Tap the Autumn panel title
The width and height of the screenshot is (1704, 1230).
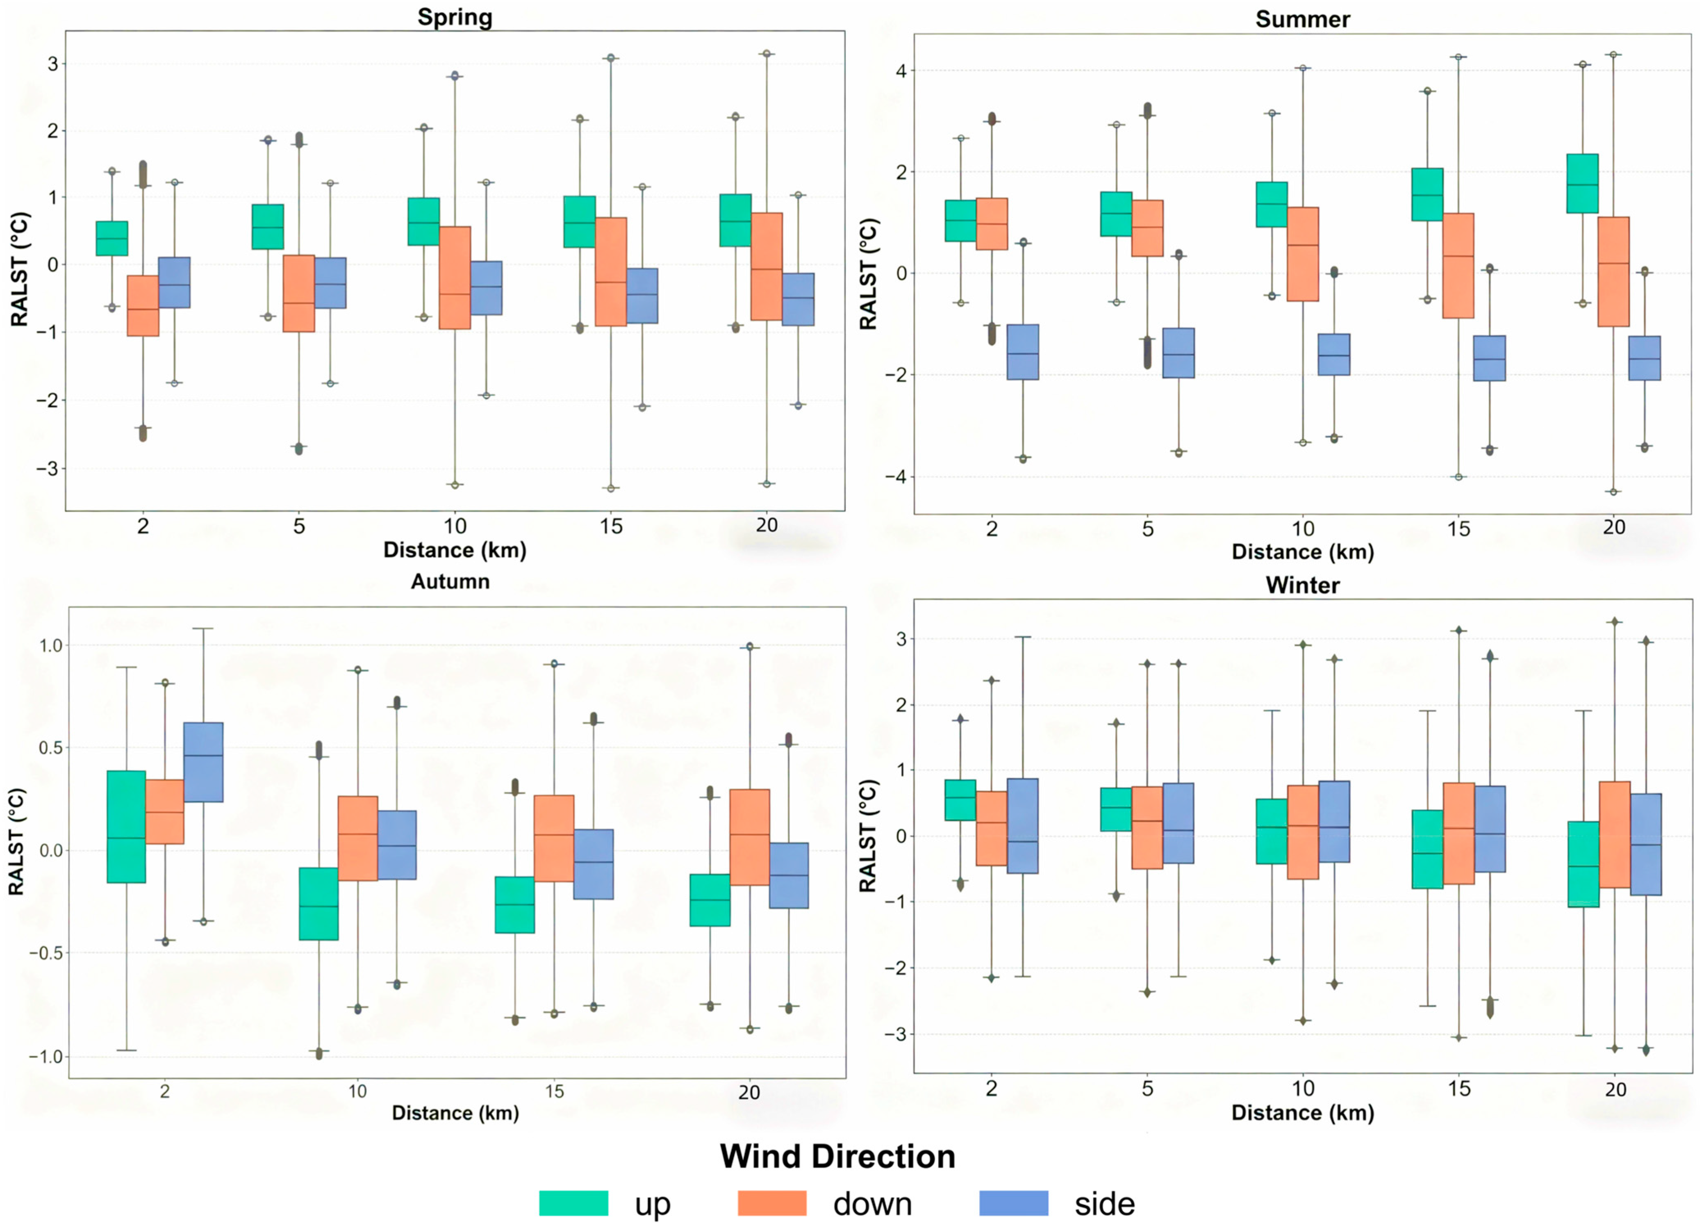pyautogui.click(x=450, y=581)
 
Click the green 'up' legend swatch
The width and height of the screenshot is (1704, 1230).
pyautogui.click(x=573, y=1203)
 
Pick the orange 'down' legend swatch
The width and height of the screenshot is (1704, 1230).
pyautogui.click(x=771, y=1203)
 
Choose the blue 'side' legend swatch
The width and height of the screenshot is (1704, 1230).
pyautogui.click(x=1014, y=1203)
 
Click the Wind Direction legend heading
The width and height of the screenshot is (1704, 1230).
pyautogui.click(x=837, y=1156)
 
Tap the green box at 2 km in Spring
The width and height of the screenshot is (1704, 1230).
pyautogui.click(x=111, y=238)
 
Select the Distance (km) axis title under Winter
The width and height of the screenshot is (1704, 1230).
pyautogui.click(x=1302, y=1113)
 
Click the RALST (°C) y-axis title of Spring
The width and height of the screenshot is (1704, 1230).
pyautogui.click(x=20, y=269)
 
